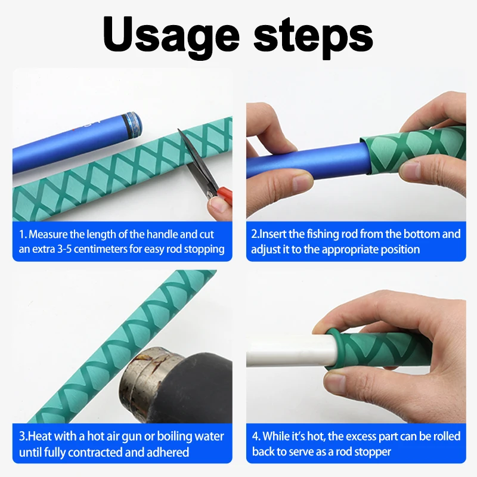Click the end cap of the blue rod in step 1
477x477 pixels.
pyautogui.click(x=132, y=125)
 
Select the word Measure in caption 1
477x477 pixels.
pyautogui.click(x=48, y=234)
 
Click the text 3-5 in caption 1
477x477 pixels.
pyautogui.click(x=64, y=249)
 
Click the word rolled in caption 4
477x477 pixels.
pyautogui.click(x=445, y=436)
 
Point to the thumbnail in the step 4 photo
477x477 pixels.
pyautogui.click(x=334, y=384)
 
